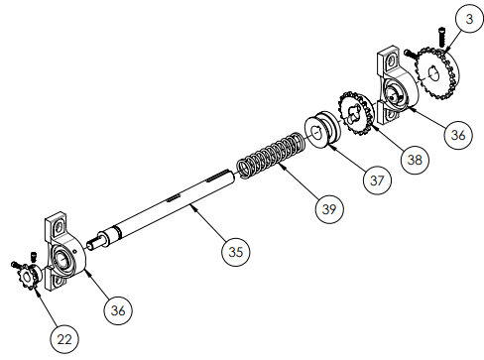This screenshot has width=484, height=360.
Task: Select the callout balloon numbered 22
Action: click(64, 338)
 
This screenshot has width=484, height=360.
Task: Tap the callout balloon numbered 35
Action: click(233, 251)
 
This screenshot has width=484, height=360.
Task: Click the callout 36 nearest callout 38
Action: click(455, 135)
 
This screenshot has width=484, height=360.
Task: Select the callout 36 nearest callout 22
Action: click(118, 310)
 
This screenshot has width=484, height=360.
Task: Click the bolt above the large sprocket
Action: click(431, 37)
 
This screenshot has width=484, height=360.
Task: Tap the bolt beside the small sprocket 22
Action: click(17, 265)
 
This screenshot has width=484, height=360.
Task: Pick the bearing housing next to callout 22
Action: click(64, 257)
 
